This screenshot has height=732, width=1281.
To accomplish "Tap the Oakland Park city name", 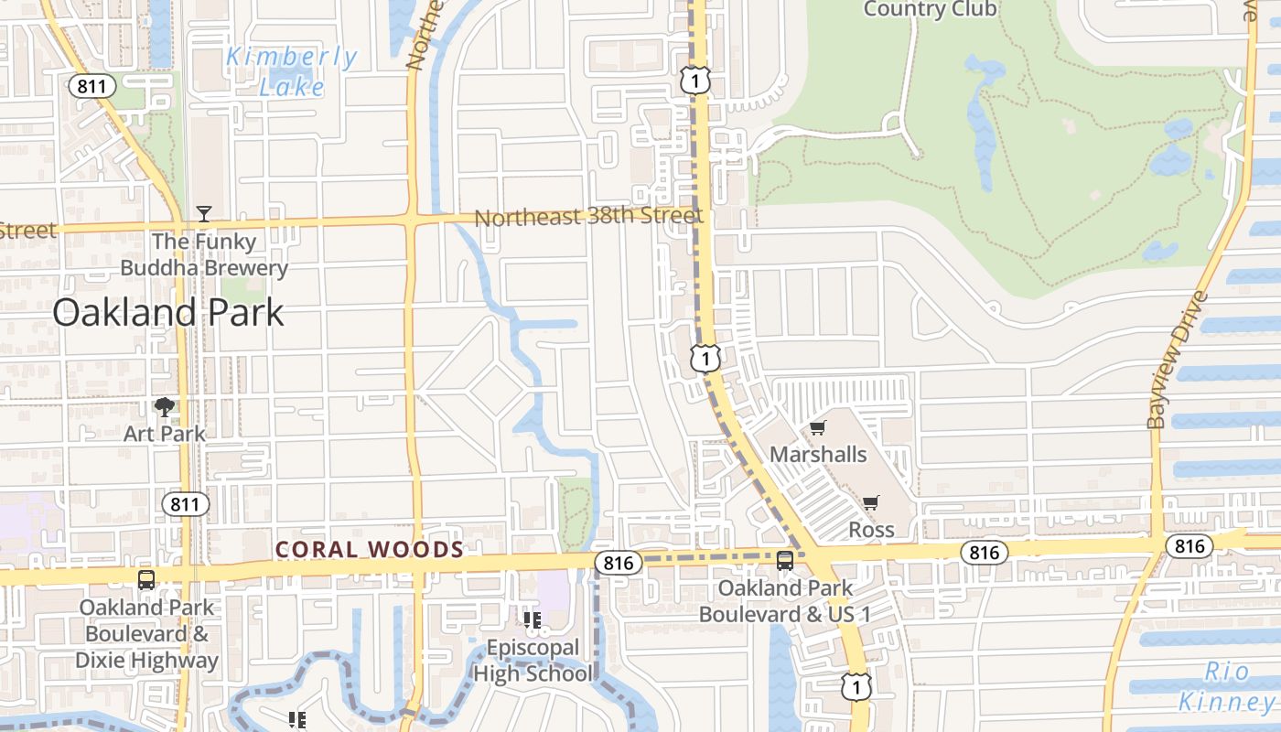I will click(x=168, y=313).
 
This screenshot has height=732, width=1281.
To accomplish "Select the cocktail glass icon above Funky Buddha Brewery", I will click(x=204, y=214).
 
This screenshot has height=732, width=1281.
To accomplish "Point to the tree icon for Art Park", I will click(x=165, y=407).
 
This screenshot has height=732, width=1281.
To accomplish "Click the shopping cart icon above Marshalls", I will click(x=818, y=428).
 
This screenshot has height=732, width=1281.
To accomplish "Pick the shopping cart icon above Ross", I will click(x=870, y=502).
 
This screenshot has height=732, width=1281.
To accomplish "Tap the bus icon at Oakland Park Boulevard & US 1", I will click(x=785, y=561).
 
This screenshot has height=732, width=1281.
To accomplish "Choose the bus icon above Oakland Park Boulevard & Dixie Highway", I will click(x=146, y=579).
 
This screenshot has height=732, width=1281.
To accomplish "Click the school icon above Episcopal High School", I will click(x=533, y=621).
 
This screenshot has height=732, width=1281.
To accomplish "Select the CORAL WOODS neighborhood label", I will click(x=370, y=549).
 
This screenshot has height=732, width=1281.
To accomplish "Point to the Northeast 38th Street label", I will click(x=588, y=218).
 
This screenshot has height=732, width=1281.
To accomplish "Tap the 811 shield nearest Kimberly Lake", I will click(x=92, y=87).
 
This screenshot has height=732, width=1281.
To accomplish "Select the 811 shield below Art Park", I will click(x=186, y=504).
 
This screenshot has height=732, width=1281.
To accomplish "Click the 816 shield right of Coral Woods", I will click(x=619, y=564).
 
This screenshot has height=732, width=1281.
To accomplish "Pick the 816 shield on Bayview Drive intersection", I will click(x=1189, y=546).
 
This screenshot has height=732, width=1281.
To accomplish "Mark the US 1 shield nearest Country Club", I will click(x=695, y=81).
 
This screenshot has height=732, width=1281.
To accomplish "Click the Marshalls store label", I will click(x=818, y=454).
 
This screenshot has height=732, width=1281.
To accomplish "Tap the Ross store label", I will click(x=871, y=529).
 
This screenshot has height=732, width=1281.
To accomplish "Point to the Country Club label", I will click(x=930, y=9).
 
